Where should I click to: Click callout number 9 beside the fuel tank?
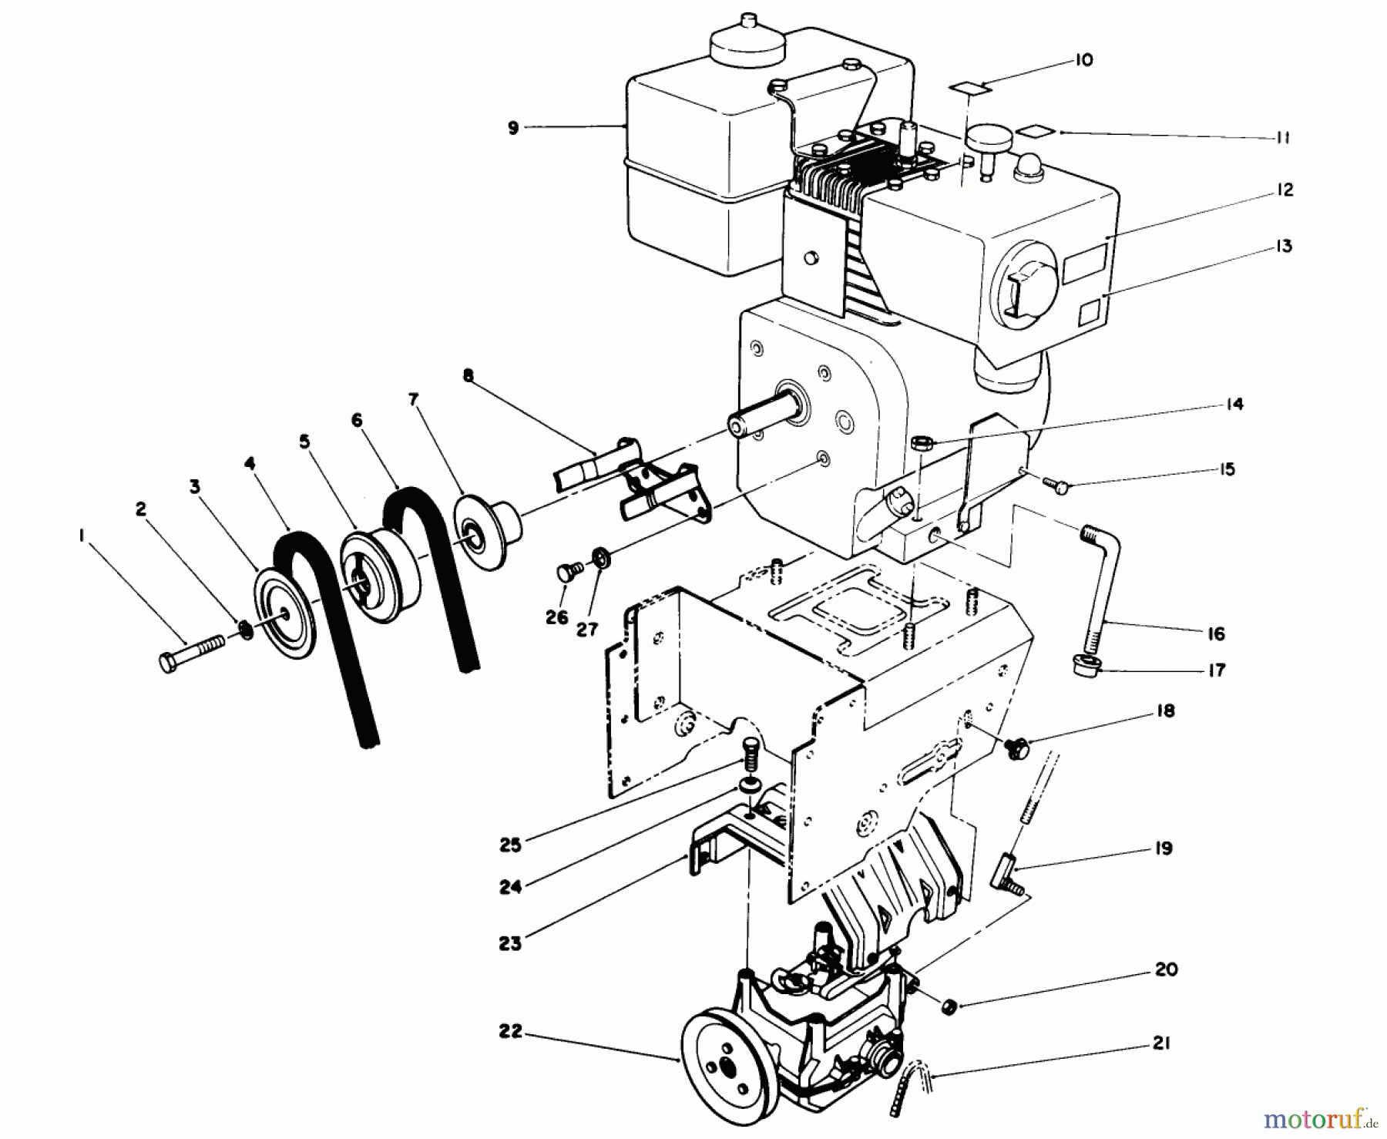coord(514,129)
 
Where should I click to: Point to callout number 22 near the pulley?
coord(509,1030)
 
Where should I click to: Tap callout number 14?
coord(1234,404)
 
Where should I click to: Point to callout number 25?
coord(510,845)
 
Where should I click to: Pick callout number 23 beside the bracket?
coord(509,942)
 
